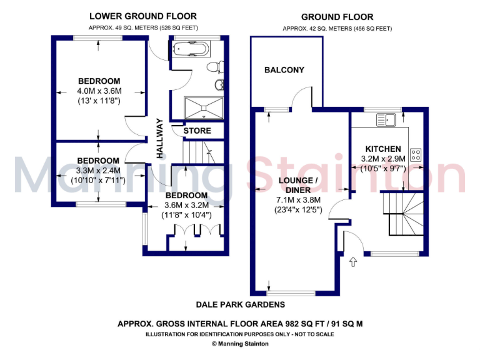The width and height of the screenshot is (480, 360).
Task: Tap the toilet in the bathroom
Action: [213, 66]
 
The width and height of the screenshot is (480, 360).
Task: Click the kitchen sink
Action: [392, 119]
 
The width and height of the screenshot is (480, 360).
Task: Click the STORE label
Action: [197, 131]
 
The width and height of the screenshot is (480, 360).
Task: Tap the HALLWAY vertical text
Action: [160, 138]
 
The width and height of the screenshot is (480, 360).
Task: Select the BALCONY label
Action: [284, 70]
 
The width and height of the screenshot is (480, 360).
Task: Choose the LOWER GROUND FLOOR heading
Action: [142, 16]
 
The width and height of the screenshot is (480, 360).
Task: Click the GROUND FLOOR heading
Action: [337, 17]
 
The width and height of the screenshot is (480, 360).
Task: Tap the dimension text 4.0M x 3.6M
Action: [99, 91]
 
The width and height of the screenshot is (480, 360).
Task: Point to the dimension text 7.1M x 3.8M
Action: [299, 200]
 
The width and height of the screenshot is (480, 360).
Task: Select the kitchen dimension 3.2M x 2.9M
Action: [383, 159]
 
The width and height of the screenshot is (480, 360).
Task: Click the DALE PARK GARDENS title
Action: [240, 304]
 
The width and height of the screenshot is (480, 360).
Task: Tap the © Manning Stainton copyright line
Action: [240, 343]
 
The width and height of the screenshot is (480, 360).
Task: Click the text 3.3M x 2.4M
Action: [99, 171]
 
